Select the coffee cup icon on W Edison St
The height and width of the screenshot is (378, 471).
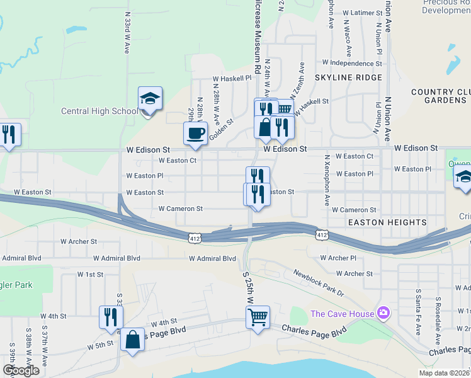click(195, 134)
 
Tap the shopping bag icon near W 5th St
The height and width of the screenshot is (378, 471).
click(132, 340)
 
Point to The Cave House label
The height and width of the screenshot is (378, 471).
click(342, 314)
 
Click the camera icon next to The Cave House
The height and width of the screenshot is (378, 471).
click(382, 313)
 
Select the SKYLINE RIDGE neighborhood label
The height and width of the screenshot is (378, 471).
click(348, 77)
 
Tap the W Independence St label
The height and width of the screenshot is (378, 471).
click(352, 63)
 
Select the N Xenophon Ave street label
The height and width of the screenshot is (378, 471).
click(327, 180)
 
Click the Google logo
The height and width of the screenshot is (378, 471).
click(21, 370)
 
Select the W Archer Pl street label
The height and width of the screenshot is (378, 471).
click(338, 258)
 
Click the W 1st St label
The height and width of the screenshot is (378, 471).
click(90, 274)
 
